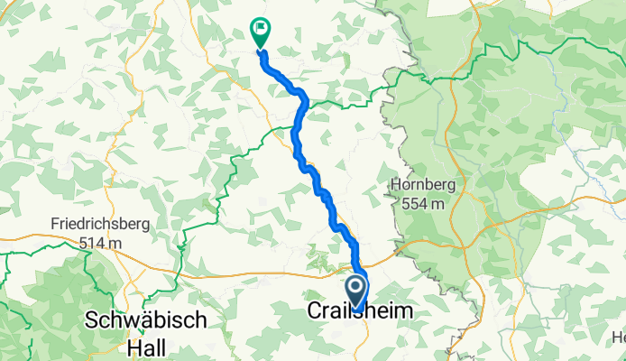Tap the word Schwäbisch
(146, 320)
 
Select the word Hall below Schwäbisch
(146, 343)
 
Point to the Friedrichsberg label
(100, 224)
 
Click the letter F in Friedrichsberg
(56, 224)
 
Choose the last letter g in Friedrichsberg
(146, 225)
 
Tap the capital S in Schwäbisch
(91, 320)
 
